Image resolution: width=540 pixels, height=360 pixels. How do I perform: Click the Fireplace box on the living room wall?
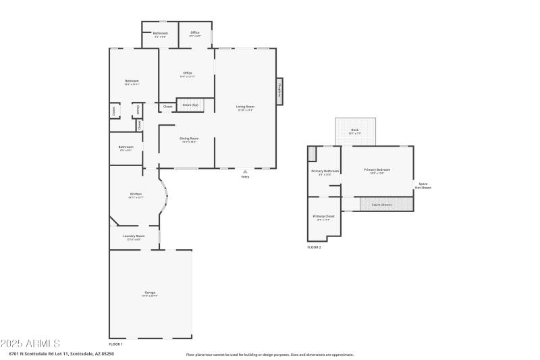tap(279, 91)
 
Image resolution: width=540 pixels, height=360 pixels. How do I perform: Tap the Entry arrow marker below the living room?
tap(245, 172)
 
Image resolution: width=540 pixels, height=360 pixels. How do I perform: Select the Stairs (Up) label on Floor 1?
tap(190, 105)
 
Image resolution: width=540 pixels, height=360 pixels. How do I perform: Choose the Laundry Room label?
tap(134, 236)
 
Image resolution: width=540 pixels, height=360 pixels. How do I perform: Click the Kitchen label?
tap(136, 195)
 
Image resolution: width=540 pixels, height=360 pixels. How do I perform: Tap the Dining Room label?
tap(188, 138)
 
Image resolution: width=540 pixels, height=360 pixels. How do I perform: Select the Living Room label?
tap(245, 107)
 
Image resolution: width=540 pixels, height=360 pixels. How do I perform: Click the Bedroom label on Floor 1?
tap(132, 81)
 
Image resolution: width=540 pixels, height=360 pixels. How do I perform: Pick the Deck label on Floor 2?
tap(355, 130)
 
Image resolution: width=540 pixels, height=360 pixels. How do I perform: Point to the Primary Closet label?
tap(324, 217)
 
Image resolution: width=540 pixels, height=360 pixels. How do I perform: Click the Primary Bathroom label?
tap(325, 171)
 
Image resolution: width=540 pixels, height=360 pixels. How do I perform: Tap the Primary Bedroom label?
tap(377, 170)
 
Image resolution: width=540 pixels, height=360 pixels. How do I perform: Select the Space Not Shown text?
tap(423, 185)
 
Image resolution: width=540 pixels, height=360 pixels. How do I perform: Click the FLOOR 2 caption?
tap(314, 248)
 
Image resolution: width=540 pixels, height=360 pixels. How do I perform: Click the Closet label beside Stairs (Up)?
tap(167, 106)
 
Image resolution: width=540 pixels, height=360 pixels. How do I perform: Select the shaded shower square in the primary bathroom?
tap(313, 153)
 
